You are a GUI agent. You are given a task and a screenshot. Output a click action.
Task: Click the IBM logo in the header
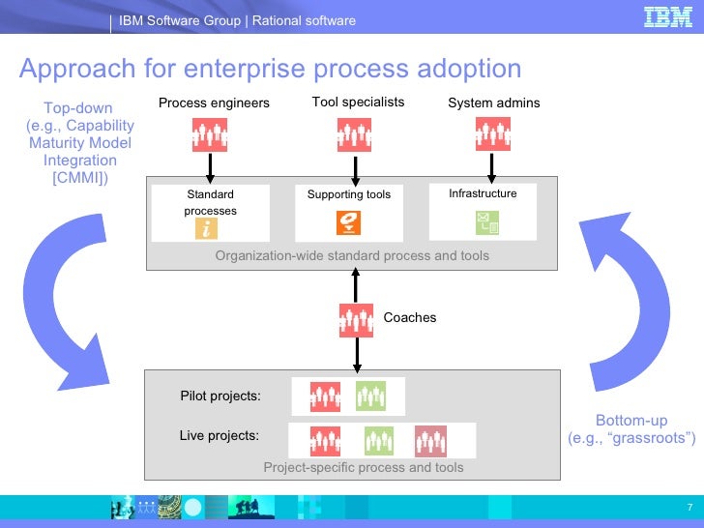(668, 17)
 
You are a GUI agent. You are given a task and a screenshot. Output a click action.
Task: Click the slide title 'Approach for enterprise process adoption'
(271, 69)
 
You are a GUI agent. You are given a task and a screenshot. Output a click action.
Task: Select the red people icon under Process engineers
(209, 134)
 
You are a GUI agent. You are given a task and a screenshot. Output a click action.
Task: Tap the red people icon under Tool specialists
(355, 134)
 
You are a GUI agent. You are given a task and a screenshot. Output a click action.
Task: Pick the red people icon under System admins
(493, 134)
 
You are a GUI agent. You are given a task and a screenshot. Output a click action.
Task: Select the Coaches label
(410, 317)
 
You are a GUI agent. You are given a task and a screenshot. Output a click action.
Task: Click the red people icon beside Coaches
(356, 320)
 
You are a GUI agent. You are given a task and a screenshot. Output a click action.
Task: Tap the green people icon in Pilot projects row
(371, 396)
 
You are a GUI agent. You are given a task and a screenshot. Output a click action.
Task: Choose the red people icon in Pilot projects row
(326, 396)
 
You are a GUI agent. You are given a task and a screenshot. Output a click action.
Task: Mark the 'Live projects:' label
(220, 435)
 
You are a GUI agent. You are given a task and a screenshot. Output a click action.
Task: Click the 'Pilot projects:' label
(220, 396)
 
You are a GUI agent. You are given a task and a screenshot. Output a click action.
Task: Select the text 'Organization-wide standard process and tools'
(352, 255)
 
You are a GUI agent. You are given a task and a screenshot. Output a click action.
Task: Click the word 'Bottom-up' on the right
(631, 420)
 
